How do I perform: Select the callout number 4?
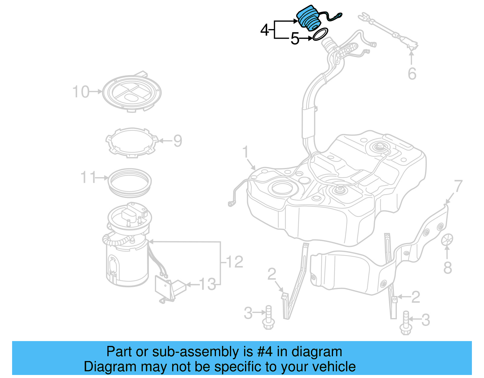[x=264, y=30]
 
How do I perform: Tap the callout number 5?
[x=295, y=39]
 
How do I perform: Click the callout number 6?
[x=412, y=74]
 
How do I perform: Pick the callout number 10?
[x=81, y=92]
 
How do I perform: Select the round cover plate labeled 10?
[x=132, y=92]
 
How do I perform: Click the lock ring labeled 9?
[x=132, y=142]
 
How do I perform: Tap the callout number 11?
[x=88, y=177]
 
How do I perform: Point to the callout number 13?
[x=208, y=284]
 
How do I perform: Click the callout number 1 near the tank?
[x=245, y=152]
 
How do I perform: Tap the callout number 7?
[x=458, y=186]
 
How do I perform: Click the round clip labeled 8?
[x=447, y=239]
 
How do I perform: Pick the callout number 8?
[x=448, y=268]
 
